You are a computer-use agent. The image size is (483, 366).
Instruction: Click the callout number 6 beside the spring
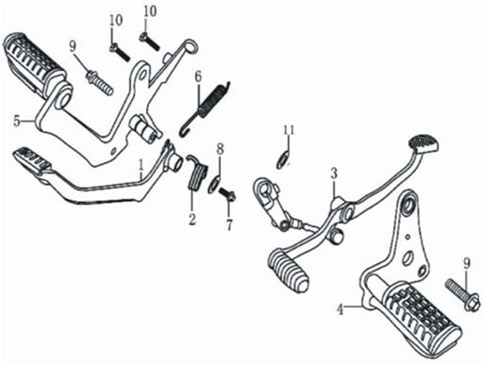point(197,77)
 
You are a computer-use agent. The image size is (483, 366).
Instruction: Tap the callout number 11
point(289,129)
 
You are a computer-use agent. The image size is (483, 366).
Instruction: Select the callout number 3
point(334,174)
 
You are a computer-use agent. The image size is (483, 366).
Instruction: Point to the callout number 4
point(340,309)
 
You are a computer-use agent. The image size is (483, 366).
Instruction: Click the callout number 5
point(17,121)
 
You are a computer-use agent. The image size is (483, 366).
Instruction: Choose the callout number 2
point(192,219)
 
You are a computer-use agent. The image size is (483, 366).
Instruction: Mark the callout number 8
point(220,149)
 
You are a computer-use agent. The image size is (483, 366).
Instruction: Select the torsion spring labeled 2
point(196,174)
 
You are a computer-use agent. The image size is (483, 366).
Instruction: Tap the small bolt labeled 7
point(227,195)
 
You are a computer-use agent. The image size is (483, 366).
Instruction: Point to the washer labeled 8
point(214,186)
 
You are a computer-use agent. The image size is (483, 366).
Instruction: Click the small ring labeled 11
point(282,159)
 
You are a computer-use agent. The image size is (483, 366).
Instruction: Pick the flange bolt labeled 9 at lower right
point(463,294)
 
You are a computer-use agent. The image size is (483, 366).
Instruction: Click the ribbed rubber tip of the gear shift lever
point(289,269)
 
